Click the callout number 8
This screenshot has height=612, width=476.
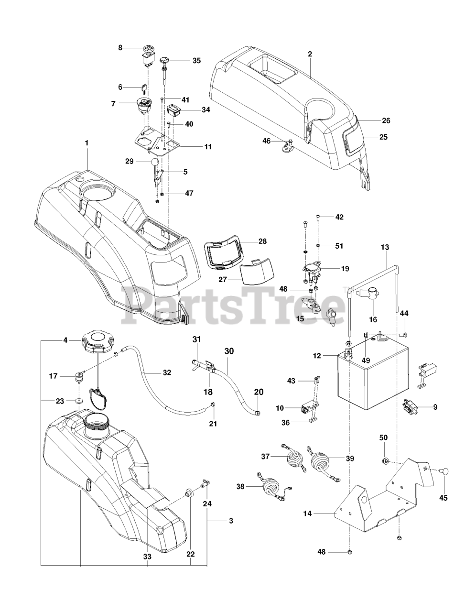(x=120, y=47)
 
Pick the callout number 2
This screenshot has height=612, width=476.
(x=310, y=54)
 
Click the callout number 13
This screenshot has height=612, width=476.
(x=385, y=247)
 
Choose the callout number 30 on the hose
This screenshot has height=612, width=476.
(x=229, y=351)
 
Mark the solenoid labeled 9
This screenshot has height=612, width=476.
(x=410, y=407)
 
